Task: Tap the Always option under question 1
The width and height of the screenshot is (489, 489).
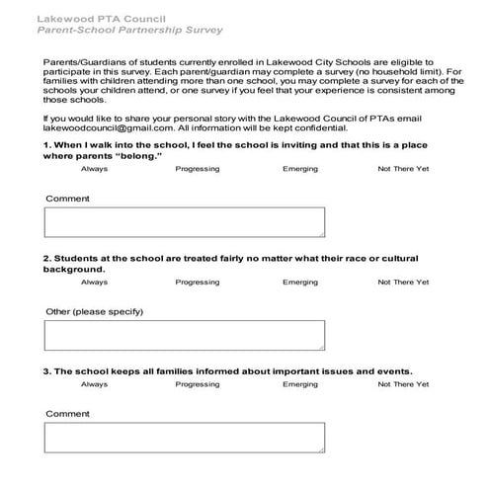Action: [x=95, y=169]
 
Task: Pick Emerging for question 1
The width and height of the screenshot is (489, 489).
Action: [x=300, y=169]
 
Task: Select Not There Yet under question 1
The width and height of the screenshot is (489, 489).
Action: [x=403, y=169]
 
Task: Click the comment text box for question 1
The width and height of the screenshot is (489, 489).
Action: [x=185, y=222]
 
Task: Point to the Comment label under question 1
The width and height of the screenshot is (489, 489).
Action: [x=67, y=199]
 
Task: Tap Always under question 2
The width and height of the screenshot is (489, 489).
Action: [x=95, y=283]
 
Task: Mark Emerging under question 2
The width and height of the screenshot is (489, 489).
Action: [x=300, y=283]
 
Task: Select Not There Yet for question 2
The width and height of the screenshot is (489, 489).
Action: [x=403, y=283]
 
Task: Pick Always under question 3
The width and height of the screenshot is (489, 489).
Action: [x=95, y=384]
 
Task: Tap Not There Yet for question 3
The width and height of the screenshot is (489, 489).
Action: [x=403, y=384]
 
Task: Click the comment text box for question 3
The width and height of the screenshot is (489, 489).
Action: [x=185, y=437]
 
